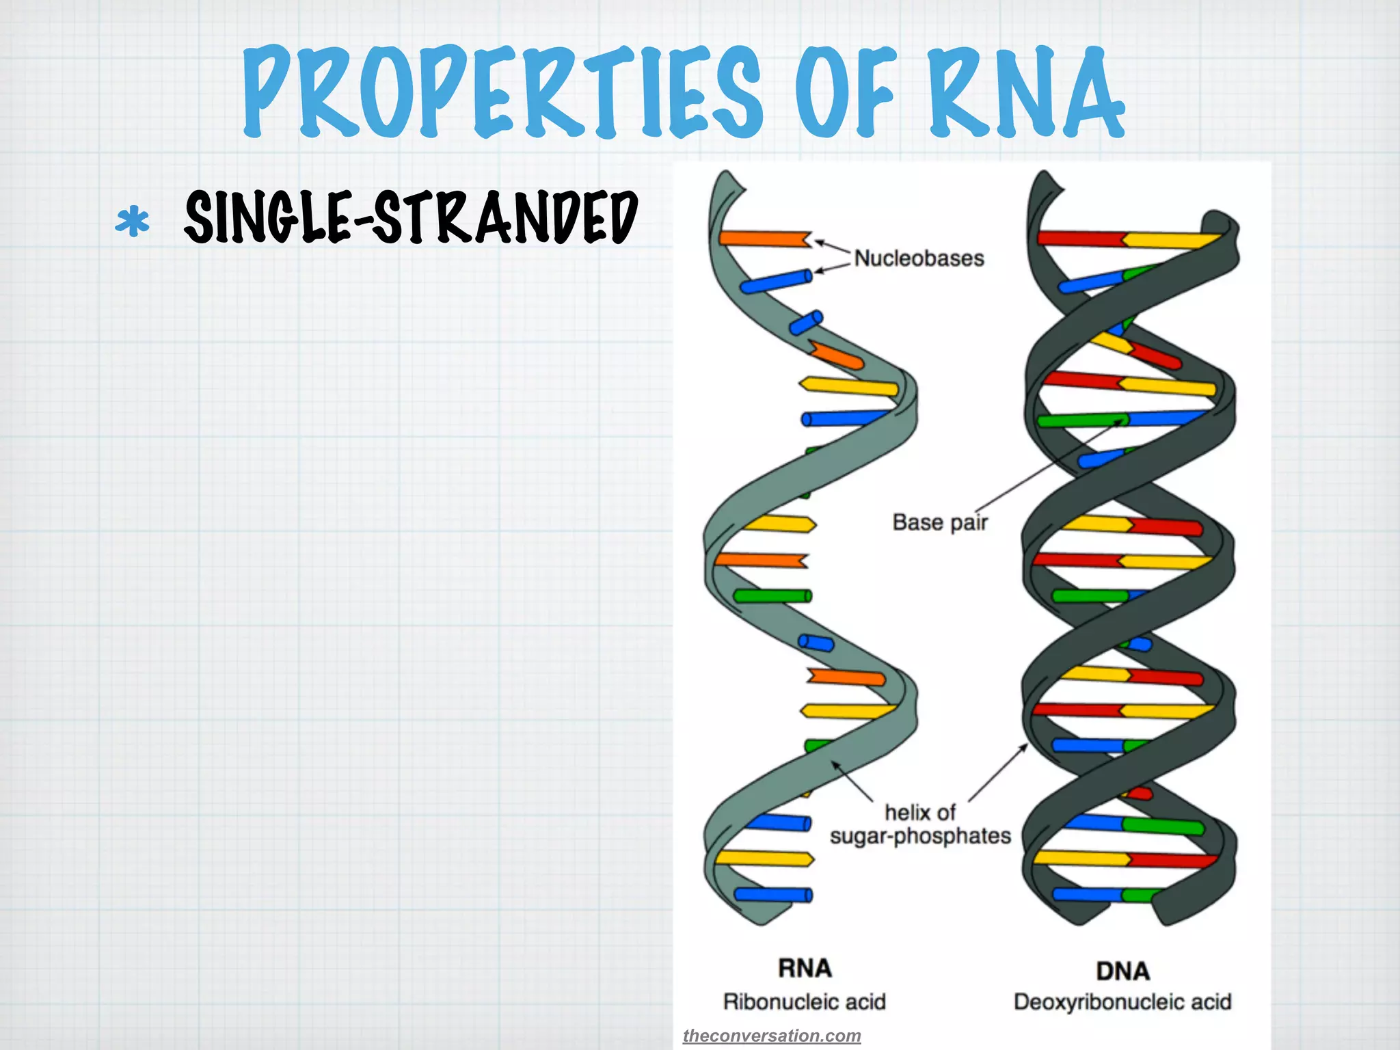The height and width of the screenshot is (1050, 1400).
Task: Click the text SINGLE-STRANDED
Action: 411,217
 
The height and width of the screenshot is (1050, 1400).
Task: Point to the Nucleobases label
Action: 919,258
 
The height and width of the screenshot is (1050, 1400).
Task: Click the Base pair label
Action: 940,522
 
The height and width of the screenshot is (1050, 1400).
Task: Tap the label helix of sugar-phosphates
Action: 920,824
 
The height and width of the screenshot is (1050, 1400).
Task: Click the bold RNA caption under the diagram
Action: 805,968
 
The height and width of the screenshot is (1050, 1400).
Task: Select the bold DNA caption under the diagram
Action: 1122,971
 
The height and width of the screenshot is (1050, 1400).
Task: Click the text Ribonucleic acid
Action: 805,1002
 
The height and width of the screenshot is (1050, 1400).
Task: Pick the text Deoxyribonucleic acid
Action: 1122,1002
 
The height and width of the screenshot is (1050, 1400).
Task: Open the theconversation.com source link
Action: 772,1036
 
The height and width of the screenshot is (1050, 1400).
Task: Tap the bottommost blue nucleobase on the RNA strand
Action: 772,894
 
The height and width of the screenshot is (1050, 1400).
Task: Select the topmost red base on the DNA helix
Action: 1080,239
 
